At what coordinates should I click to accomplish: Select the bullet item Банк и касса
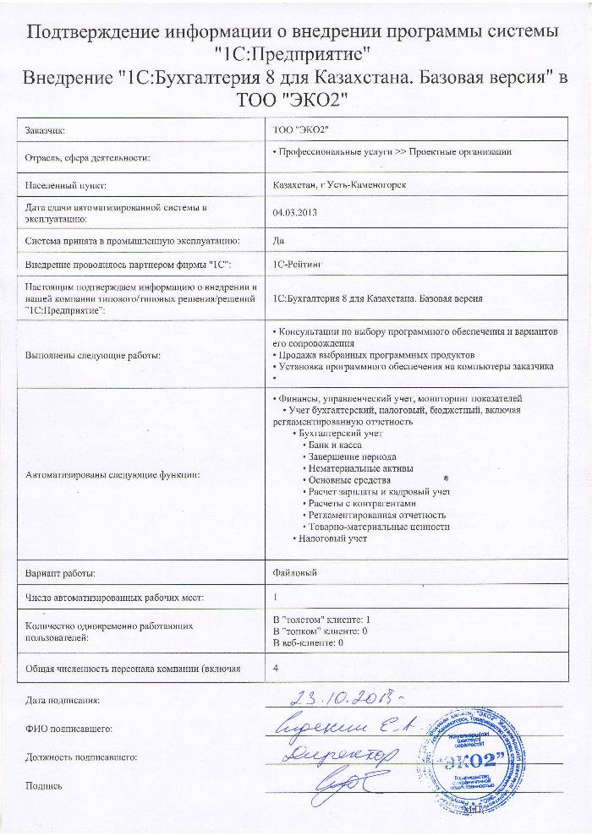(x=332, y=444)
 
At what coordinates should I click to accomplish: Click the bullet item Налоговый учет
(x=331, y=538)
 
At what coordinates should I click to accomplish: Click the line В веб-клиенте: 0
(x=304, y=643)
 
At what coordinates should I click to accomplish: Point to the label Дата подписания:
(x=63, y=700)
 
